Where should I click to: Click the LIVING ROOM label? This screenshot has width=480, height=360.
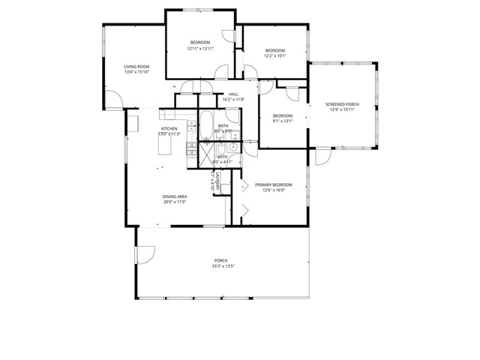pyautogui.click(x=136, y=67)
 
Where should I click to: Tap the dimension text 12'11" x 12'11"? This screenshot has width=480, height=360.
pyautogui.click(x=200, y=48)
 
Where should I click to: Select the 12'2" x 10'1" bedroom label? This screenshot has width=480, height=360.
pyautogui.click(x=274, y=55)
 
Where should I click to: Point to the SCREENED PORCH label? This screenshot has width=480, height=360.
pyautogui.click(x=341, y=104)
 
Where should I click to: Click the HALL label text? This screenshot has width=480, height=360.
pyautogui.click(x=233, y=94)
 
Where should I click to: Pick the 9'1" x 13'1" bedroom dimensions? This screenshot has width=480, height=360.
pyautogui.click(x=282, y=121)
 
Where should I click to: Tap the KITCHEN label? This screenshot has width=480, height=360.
pyautogui.click(x=169, y=129)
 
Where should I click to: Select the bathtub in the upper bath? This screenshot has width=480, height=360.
pyautogui.click(x=205, y=125)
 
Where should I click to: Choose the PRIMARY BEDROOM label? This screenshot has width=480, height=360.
pyautogui.click(x=273, y=184)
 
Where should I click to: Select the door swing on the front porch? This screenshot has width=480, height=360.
pyautogui.click(x=145, y=255)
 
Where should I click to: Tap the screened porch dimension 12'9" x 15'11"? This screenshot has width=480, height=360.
pyautogui.click(x=341, y=109)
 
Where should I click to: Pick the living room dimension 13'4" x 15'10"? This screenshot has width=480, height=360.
pyautogui.click(x=136, y=72)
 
